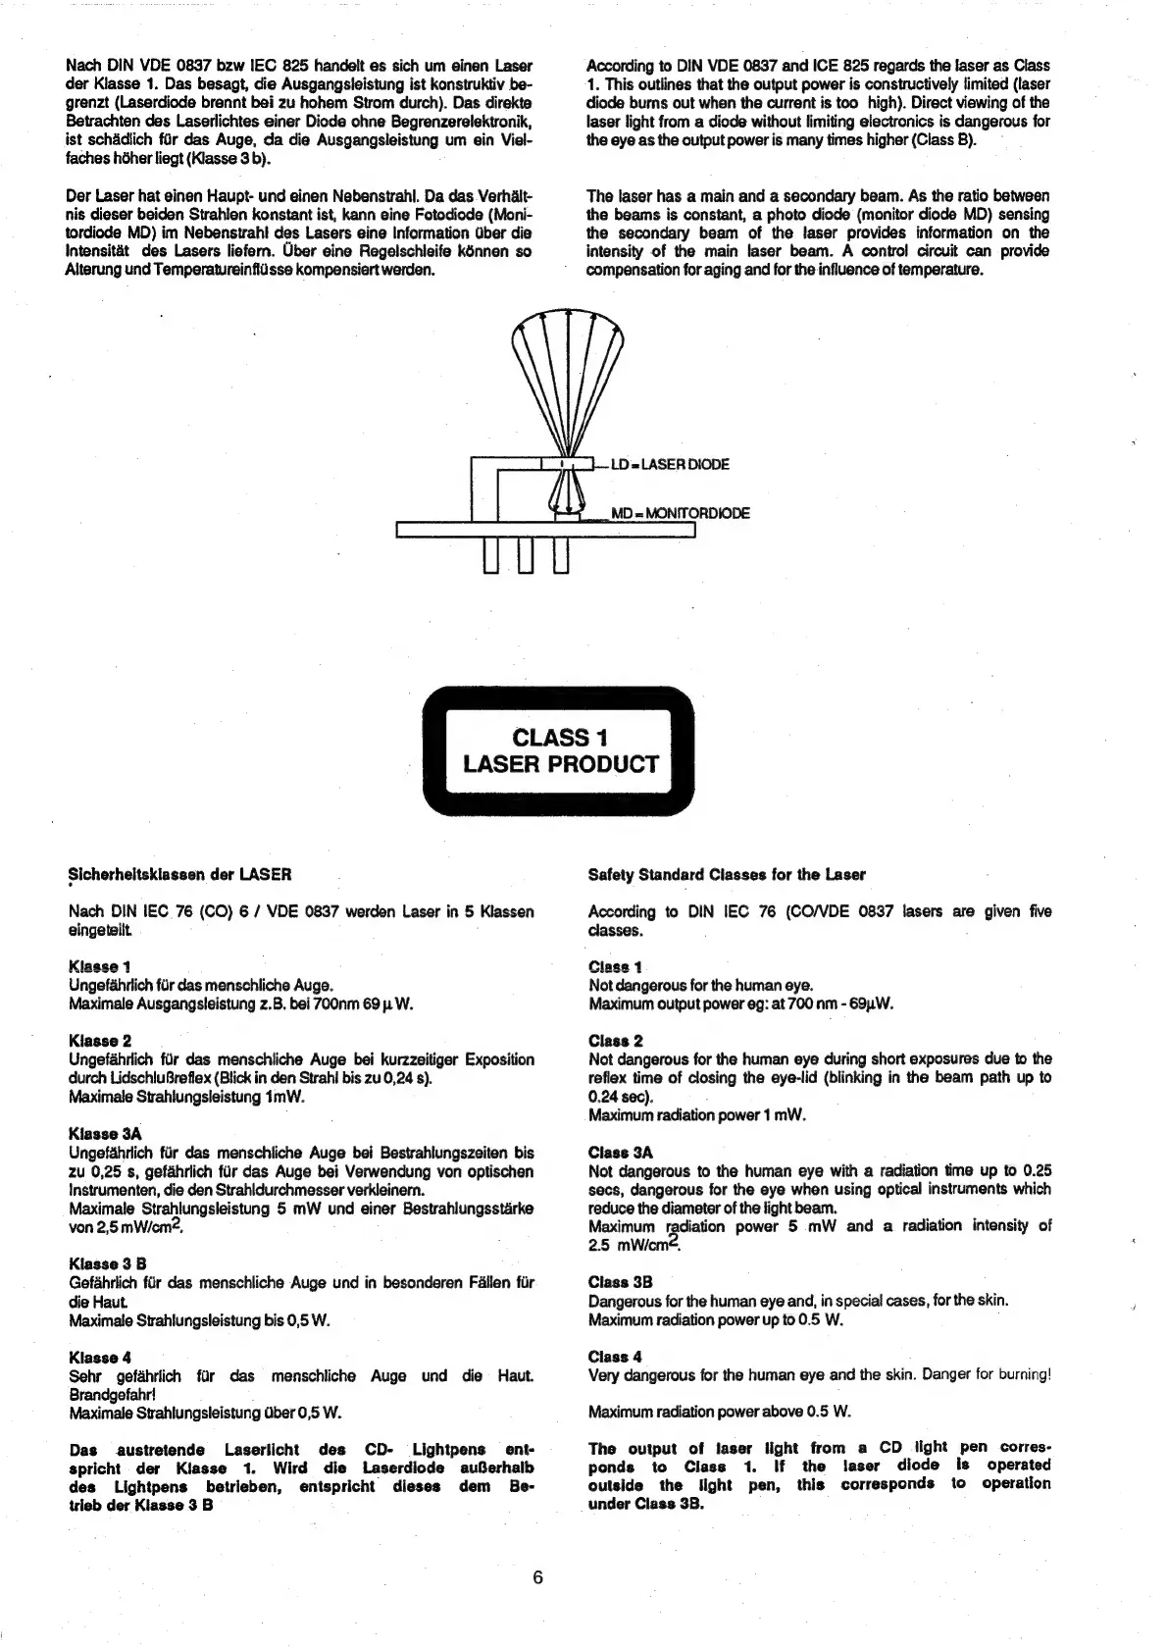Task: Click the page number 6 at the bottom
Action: tap(537, 1577)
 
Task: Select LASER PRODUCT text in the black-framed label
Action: tap(560, 764)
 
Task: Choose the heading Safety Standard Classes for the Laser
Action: tap(727, 874)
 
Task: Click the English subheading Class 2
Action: tap(615, 1041)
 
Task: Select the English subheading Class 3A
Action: tap(620, 1153)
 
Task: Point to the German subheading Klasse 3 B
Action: tap(107, 1263)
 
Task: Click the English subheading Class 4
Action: tap(615, 1357)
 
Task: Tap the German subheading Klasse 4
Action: tap(99, 1358)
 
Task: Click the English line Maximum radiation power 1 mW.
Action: tap(696, 1115)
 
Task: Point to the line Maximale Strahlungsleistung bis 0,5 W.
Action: tap(199, 1320)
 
